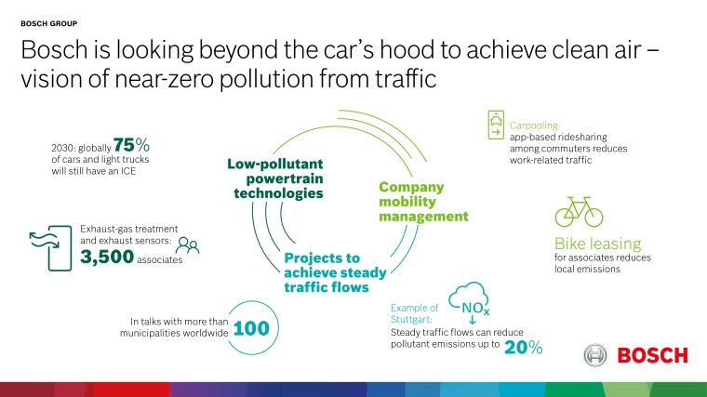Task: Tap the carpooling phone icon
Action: (498, 123)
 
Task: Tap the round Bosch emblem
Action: (596, 355)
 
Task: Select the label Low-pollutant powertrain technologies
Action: (275, 179)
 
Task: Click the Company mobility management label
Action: (423, 202)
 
